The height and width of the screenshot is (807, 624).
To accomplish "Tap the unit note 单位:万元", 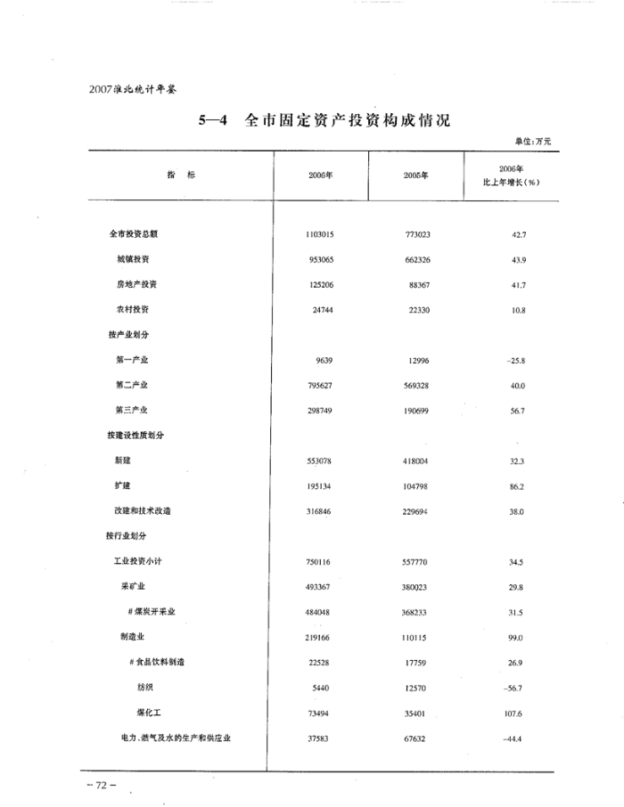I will point(533,141).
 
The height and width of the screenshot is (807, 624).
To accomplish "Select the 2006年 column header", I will point(320,175).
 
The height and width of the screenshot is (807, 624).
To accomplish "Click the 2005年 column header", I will point(416,175).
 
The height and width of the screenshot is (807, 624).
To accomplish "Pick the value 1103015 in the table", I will point(320,234).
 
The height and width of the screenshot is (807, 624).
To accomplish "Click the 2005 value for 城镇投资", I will point(416,259).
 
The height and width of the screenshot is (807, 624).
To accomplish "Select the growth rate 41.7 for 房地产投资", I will point(516,285).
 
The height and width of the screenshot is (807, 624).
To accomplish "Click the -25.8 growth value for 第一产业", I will point(515,360).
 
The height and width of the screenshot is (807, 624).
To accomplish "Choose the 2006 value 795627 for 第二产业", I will point(320,386).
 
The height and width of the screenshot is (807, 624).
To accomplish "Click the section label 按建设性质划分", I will point(135,436).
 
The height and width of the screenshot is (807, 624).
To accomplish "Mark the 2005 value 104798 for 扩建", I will point(416,486).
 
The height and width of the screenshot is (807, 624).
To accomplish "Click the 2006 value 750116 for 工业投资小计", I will point(320,562).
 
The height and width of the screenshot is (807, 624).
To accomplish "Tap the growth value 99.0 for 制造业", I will point(516,638).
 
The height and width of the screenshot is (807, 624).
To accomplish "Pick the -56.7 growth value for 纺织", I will point(515,688).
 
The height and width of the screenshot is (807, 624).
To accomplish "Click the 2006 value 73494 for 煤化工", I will point(320,713).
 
